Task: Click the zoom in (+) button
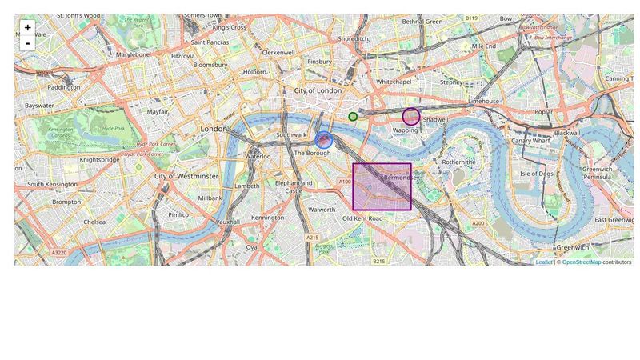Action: (27, 28)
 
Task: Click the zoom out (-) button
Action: (27, 43)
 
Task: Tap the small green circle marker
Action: (353, 117)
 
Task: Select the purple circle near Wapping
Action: (411, 116)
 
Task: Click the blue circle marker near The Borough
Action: (324, 141)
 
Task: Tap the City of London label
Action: (318, 91)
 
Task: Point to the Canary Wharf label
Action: (532, 141)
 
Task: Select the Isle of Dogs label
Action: (536, 174)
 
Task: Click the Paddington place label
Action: (64, 87)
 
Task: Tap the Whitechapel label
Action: (394, 82)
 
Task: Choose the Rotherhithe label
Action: (458, 162)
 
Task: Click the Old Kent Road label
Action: (362, 218)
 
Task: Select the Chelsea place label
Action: (94, 222)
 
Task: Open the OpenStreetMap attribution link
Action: (581, 262)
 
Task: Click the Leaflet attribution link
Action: (544, 262)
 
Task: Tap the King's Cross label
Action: (230, 27)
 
